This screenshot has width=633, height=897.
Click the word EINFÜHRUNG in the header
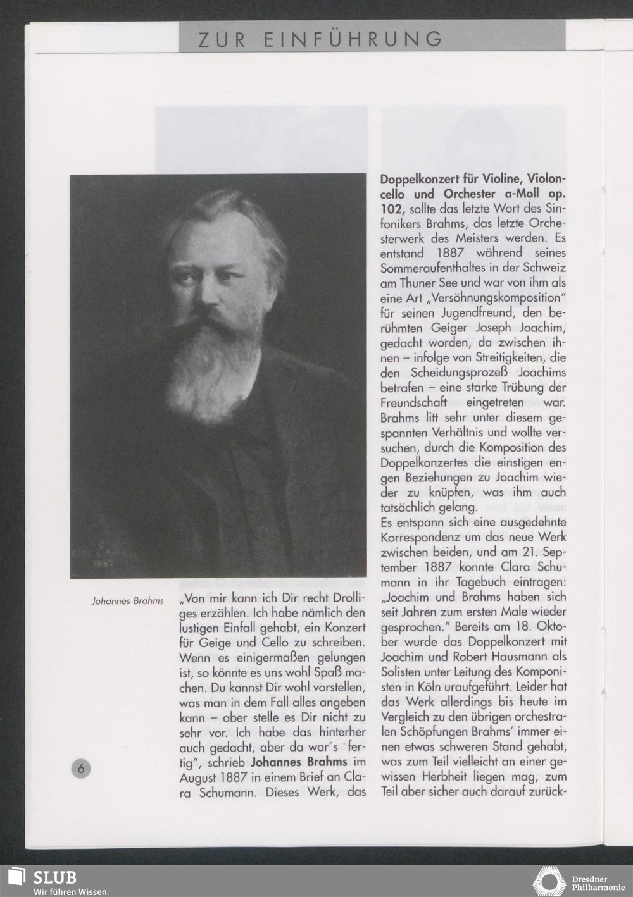click(353, 39)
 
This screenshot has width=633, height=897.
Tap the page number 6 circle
click(80, 769)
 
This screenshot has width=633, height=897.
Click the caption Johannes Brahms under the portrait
click(128, 601)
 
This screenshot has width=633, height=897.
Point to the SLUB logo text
click(54, 877)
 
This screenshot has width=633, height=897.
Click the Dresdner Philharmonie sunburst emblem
click(549, 882)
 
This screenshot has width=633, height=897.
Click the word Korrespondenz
click(423, 537)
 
